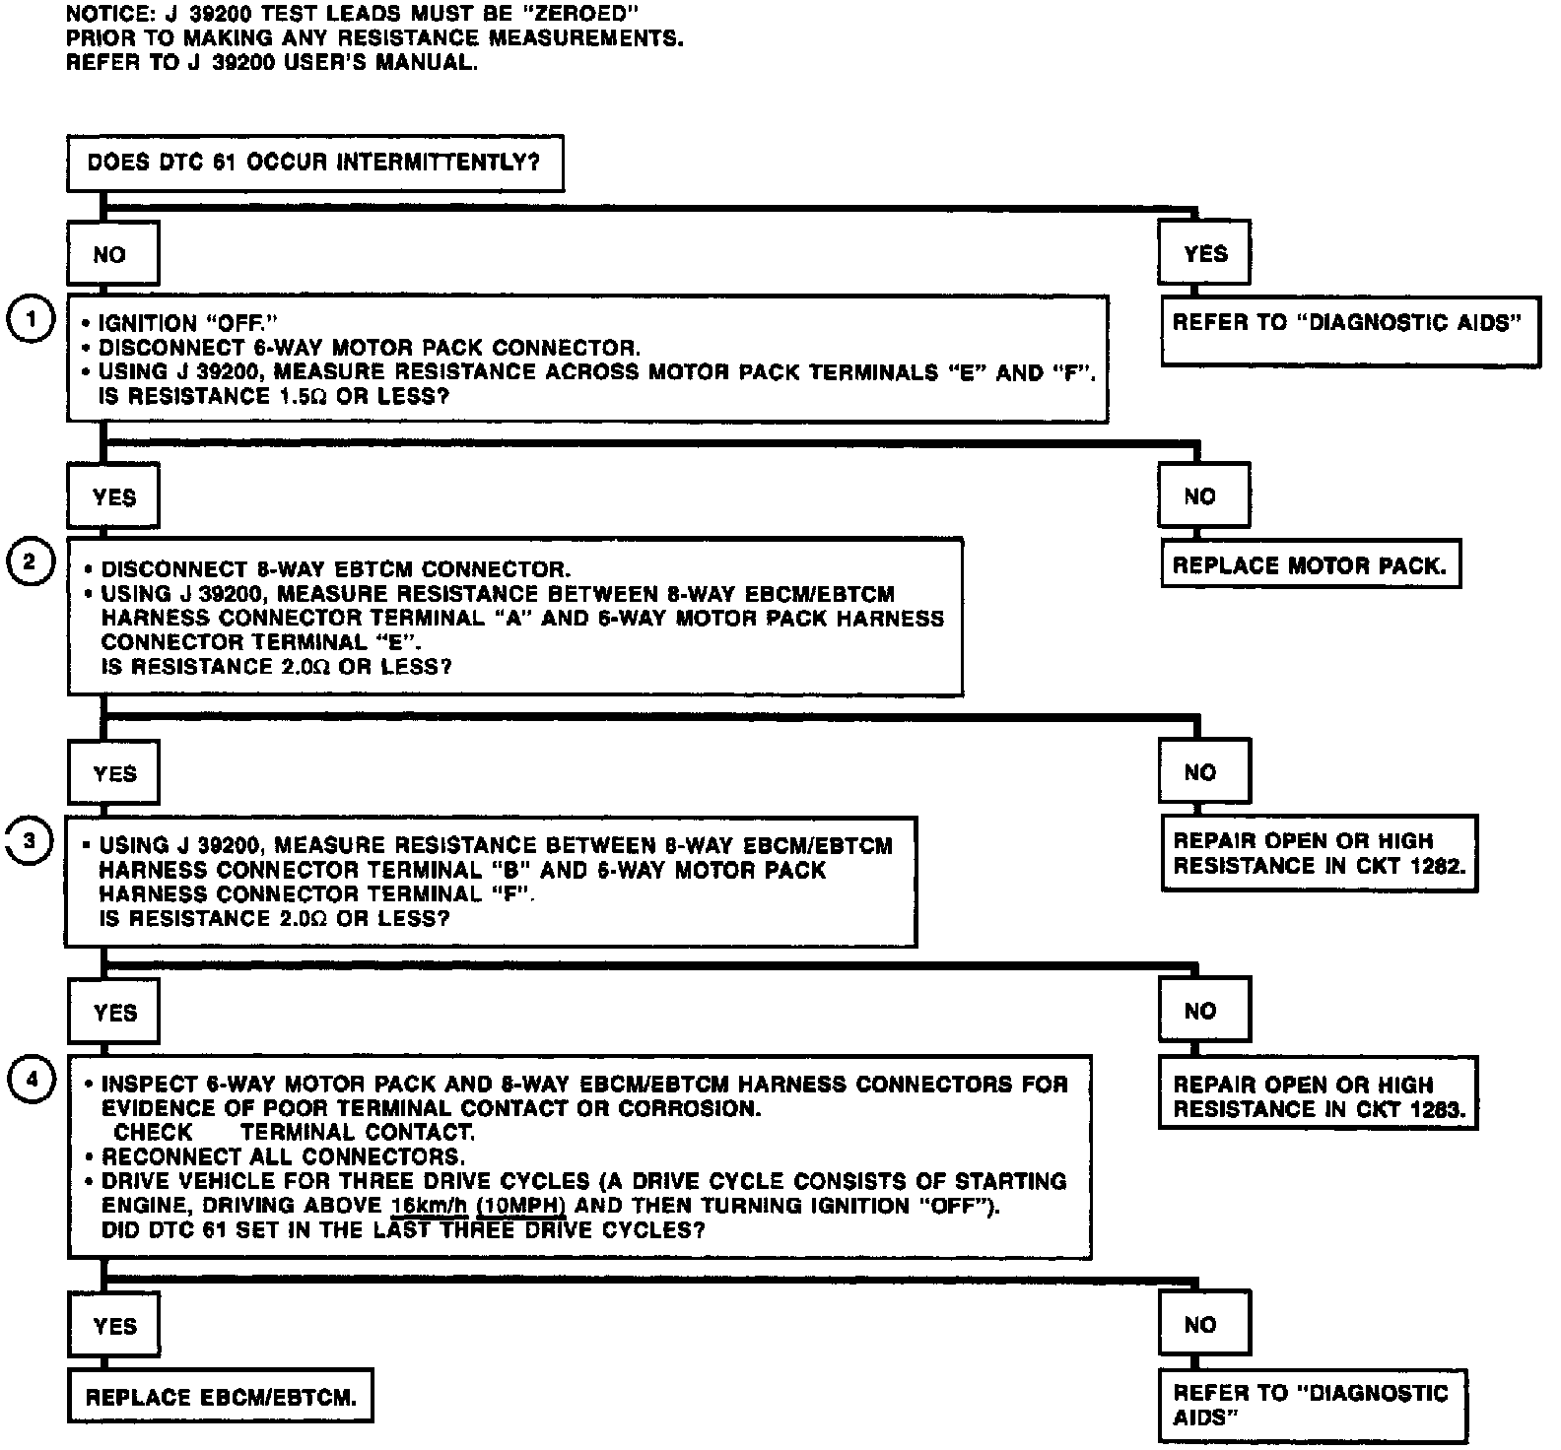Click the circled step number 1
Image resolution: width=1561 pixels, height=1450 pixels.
32,319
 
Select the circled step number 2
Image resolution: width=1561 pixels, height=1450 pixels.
32,562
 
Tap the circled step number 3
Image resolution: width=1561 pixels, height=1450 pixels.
31,840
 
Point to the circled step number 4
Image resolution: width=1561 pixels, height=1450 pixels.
32,1080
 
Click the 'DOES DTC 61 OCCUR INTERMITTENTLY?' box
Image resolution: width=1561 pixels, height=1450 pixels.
314,163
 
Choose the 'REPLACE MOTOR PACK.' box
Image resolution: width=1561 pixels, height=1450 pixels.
1310,565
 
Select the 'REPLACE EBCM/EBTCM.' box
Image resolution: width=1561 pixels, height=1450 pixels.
221,1396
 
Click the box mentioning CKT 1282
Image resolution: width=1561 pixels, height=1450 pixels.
1319,853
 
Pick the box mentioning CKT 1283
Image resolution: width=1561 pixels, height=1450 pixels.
1319,1096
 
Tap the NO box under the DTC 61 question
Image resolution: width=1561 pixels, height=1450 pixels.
111,254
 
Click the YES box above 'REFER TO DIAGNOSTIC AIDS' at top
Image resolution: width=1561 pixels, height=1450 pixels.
1205,253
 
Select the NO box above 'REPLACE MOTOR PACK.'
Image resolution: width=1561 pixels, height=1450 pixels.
1203,496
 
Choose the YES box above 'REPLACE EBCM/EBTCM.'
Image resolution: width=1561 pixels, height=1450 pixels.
113,1326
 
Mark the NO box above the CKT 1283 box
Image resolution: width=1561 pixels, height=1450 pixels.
1203,1011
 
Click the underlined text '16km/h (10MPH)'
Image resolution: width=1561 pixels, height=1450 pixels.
477,1206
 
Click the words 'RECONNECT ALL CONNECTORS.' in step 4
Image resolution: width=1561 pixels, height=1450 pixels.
283,1156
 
